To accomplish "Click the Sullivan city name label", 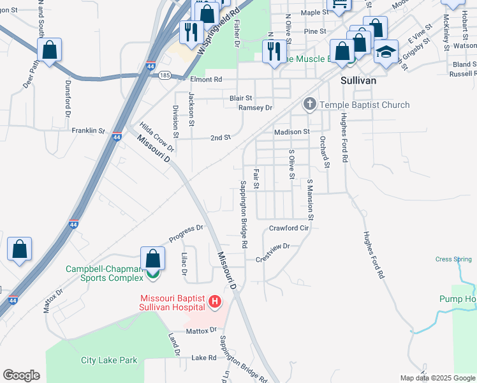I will pos(358,81).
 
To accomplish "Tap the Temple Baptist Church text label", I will pos(365,105).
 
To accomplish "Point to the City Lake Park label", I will pos(109,361).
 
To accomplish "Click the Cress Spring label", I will pos(453,259).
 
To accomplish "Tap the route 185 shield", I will pos(164,75).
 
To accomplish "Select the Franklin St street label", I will pos(88,130).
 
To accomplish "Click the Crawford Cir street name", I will pos(289,228).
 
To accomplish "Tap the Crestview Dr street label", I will pos(272,252).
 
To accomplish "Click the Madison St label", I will pos(291,132).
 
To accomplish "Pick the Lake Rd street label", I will pos(204,357).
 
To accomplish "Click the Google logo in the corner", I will pos(21,375).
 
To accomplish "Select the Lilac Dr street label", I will pos(184,263).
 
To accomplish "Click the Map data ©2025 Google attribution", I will pos(437,378).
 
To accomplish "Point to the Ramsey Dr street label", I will pos(255,108).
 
